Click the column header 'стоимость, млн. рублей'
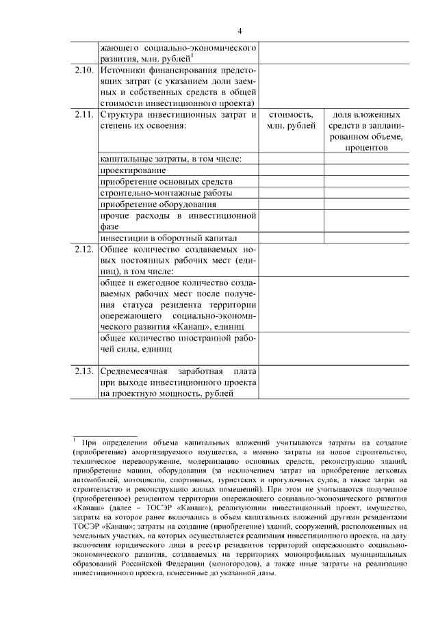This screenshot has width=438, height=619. pos(291,120)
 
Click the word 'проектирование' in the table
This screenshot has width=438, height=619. pos(133,170)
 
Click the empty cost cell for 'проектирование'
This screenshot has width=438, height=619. pos(291,170)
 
